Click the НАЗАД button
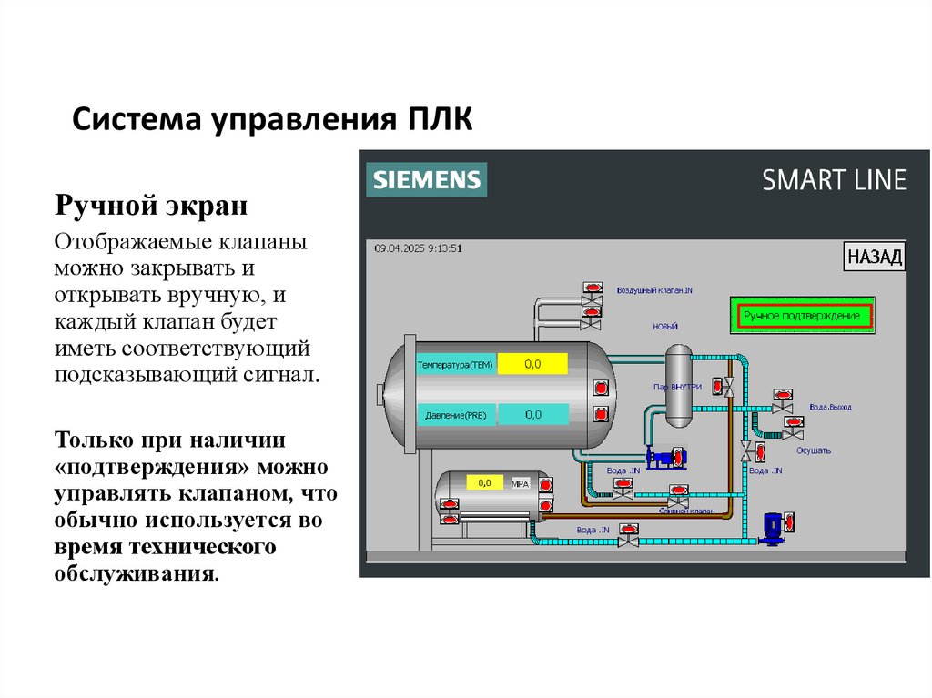point(874,257)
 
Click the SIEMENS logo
point(426,179)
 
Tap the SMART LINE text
point(834,179)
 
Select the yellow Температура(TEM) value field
point(532,364)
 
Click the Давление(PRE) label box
point(455,415)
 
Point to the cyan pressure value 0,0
point(532,414)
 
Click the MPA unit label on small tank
point(521,483)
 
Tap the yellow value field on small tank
point(484,482)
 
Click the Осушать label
point(813,450)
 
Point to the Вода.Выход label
point(830,407)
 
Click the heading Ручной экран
point(151,205)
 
